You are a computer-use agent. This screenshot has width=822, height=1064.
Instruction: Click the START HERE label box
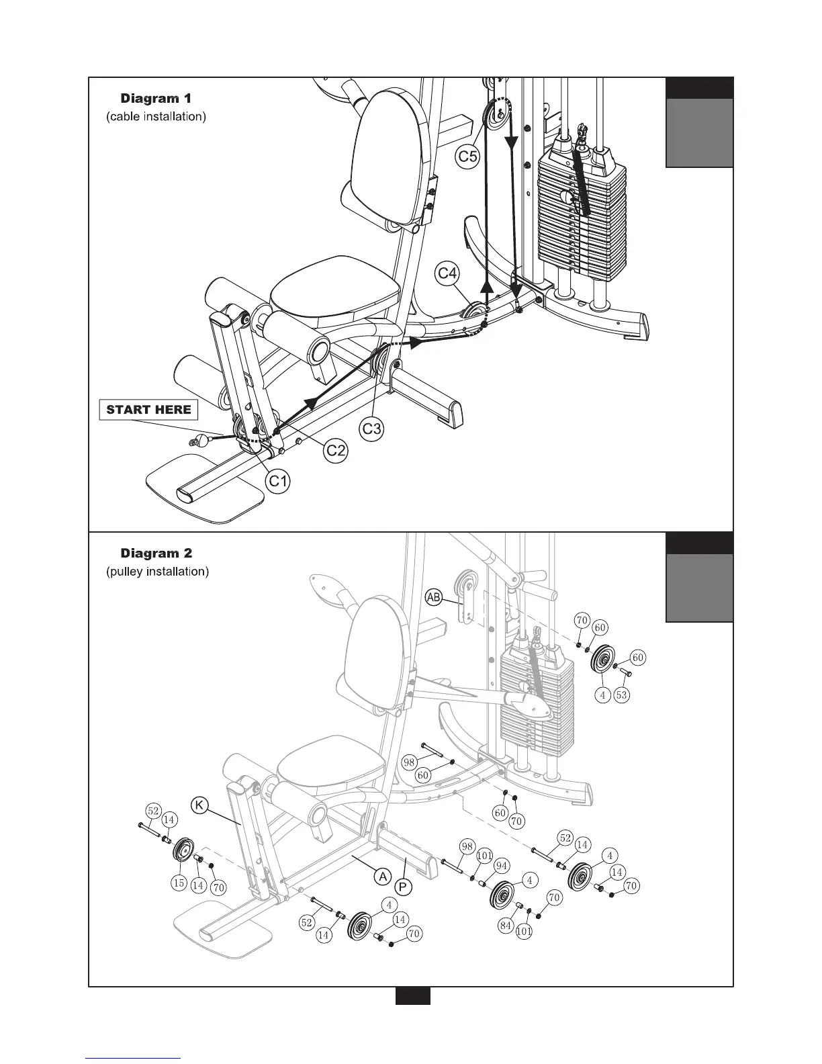coord(148,410)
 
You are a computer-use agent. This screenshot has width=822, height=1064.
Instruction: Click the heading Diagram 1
coord(156,99)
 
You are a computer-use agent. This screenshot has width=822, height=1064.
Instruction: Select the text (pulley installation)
coord(158,572)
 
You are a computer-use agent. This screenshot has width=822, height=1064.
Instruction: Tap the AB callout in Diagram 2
coord(434,597)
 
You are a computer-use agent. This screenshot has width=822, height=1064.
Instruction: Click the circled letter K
coord(199,803)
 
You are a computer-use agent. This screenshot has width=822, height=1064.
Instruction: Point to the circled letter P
coord(403,887)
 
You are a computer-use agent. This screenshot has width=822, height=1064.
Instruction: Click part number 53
coord(622,695)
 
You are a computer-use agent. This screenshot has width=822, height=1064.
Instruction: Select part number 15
coord(179,883)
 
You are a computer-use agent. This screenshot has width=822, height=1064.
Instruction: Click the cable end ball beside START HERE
coord(199,441)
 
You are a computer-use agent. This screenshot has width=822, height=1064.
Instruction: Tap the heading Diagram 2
coord(156,553)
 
